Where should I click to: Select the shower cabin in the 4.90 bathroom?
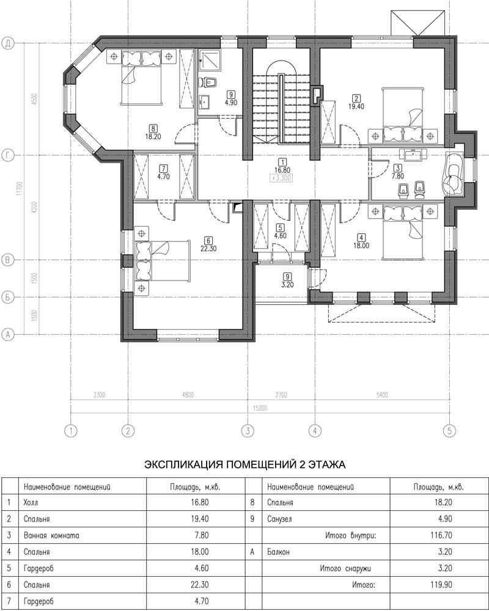point(210,60)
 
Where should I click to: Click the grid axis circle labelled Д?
point(8,43)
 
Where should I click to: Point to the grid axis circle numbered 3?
point(247,431)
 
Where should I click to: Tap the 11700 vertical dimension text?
point(19,189)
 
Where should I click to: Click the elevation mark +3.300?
point(281,178)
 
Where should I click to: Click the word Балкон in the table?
point(279,552)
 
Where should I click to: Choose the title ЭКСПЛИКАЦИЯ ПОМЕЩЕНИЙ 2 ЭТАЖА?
point(245,464)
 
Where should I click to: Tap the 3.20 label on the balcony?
point(287,285)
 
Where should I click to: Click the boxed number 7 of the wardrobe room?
point(163,169)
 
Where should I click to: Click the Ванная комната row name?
point(51,535)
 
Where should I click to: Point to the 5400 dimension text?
point(382,395)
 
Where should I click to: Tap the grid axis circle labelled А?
point(8,334)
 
